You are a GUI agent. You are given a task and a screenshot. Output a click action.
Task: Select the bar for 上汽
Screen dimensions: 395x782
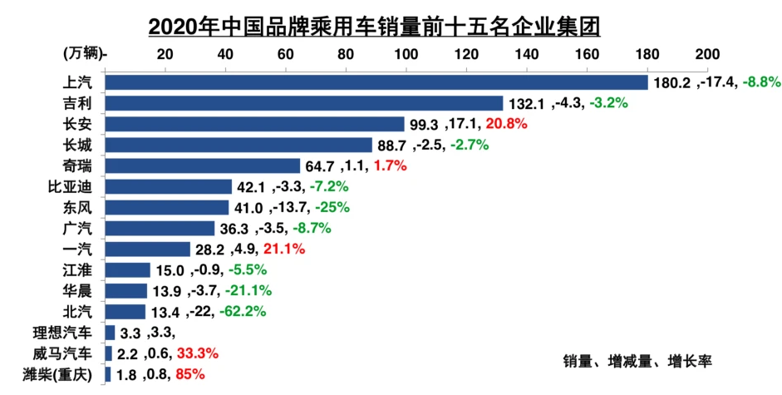tap(376, 82)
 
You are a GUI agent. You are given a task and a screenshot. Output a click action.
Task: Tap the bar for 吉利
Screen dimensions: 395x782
tap(304, 103)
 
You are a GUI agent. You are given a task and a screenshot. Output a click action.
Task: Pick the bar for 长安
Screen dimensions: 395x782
tap(254, 124)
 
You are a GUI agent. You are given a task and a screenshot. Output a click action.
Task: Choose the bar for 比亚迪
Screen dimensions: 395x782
tap(168, 186)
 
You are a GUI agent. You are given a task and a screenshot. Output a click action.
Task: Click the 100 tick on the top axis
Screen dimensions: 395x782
tap(406, 54)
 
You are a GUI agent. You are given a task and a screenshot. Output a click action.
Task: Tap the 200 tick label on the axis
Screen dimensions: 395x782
tap(707, 54)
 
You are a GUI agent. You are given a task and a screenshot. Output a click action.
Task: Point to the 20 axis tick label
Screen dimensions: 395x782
tap(165, 54)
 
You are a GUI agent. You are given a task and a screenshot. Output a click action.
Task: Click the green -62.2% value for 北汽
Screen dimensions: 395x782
tap(245, 312)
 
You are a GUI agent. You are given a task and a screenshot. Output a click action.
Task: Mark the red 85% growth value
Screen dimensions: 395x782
tap(189, 374)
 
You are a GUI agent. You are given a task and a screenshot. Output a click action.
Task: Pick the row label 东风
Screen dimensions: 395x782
tap(77, 207)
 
